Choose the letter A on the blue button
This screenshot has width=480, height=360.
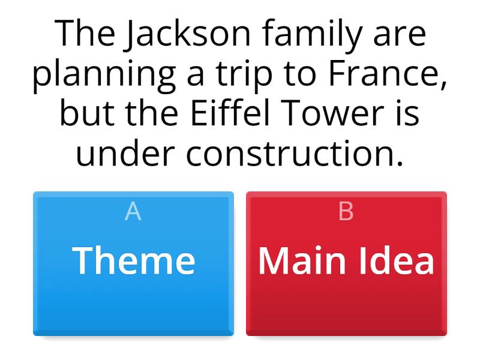click(x=133, y=212)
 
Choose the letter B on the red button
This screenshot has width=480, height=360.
click(x=346, y=212)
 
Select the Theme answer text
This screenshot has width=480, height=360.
click(x=134, y=260)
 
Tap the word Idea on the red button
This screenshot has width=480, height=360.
click(x=399, y=260)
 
